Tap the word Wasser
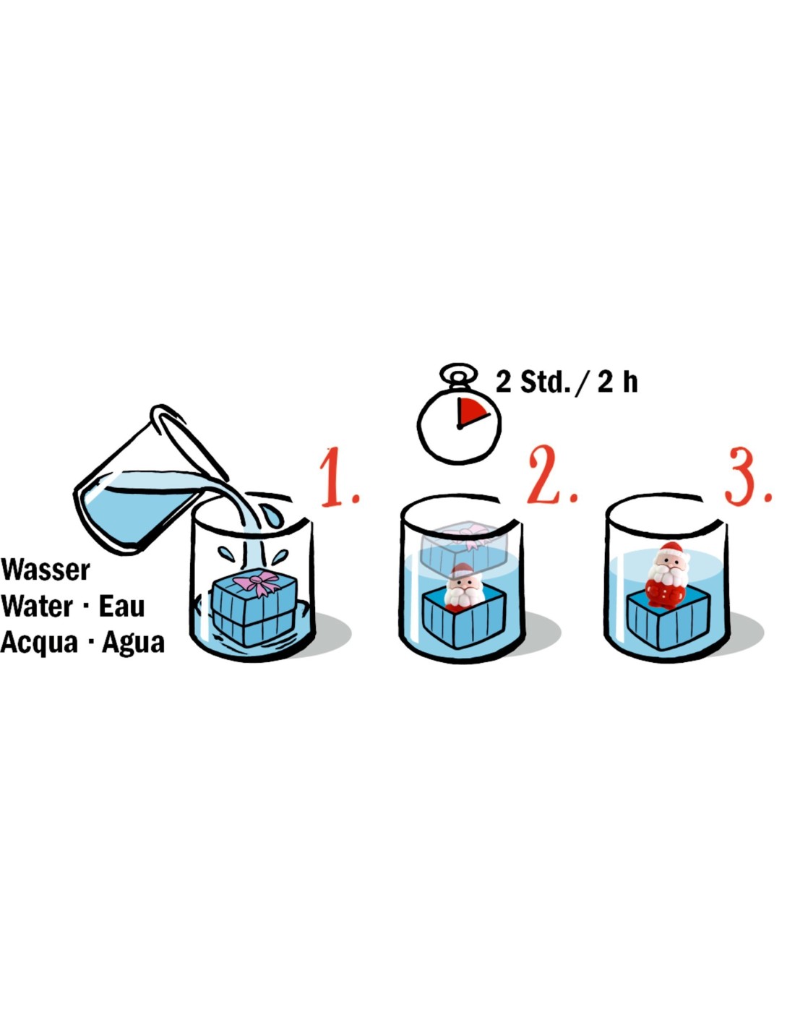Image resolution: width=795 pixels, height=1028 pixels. (x=46, y=570)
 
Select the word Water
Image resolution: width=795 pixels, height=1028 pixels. (x=38, y=606)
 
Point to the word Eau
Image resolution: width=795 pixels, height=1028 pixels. (x=121, y=606)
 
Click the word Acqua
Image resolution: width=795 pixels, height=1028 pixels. (x=39, y=643)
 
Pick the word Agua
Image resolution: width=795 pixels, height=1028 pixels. (x=134, y=643)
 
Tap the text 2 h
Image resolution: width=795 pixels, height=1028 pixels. (x=618, y=382)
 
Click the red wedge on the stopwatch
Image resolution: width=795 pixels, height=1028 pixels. (x=471, y=411)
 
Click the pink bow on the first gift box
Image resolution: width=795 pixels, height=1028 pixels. (x=257, y=583)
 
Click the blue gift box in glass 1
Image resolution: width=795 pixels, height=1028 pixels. (x=254, y=607)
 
